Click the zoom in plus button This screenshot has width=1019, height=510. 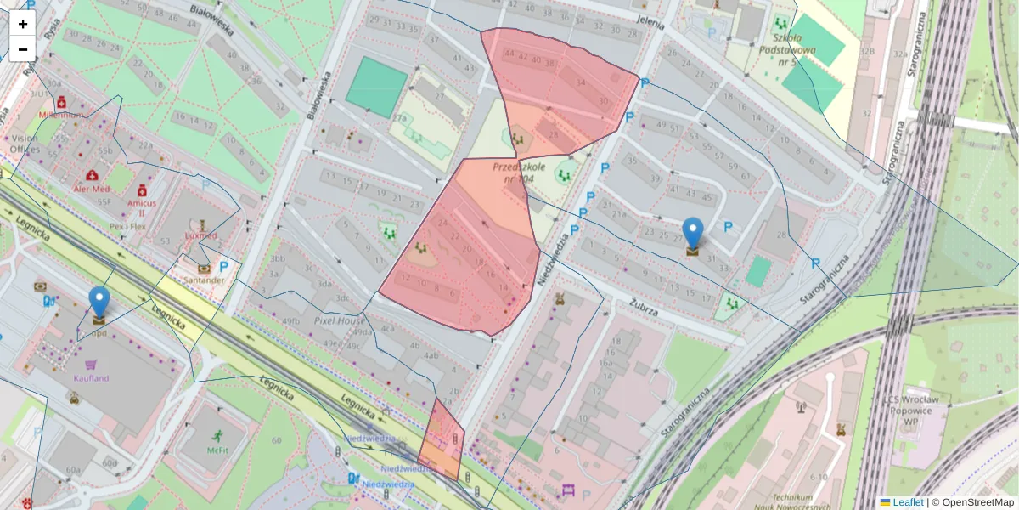click(x=23, y=24)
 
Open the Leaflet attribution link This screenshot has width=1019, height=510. click(x=907, y=502)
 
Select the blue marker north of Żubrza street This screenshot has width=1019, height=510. click(x=694, y=235)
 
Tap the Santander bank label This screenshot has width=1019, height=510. click(x=203, y=280)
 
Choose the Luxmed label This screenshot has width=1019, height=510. click(x=200, y=235)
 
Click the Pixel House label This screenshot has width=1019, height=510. click(x=340, y=321)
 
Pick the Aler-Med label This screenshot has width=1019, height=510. click(x=92, y=189)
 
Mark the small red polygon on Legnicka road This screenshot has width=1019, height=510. click(x=441, y=442)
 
